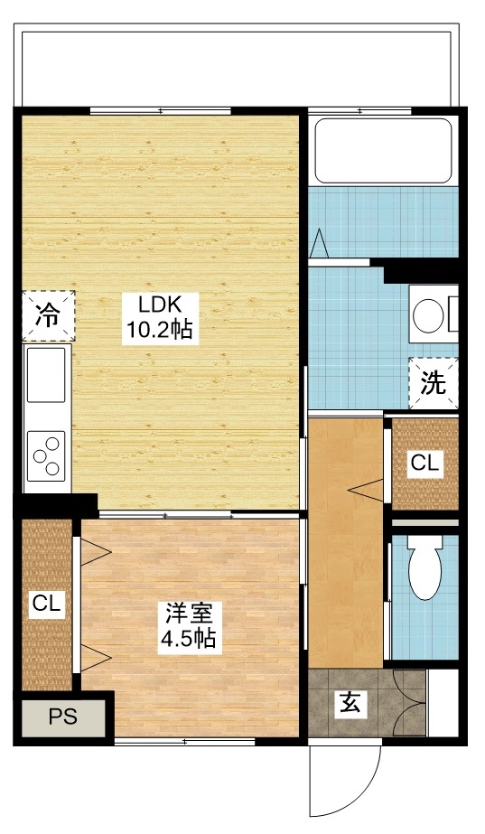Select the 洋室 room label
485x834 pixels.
(189, 614)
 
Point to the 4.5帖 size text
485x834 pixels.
(189, 639)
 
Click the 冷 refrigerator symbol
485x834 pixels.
(47, 316)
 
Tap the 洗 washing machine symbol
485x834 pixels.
(434, 383)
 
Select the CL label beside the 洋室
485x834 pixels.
(47, 604)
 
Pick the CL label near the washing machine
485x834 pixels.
(424, 464)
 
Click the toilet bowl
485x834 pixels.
(423, 569)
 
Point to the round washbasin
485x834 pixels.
(427, 316)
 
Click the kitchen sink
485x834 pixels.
(46, 375)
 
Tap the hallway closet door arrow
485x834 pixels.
(366, 491)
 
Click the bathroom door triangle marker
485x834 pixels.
(320, 244)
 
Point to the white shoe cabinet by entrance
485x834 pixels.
(442, 703)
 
